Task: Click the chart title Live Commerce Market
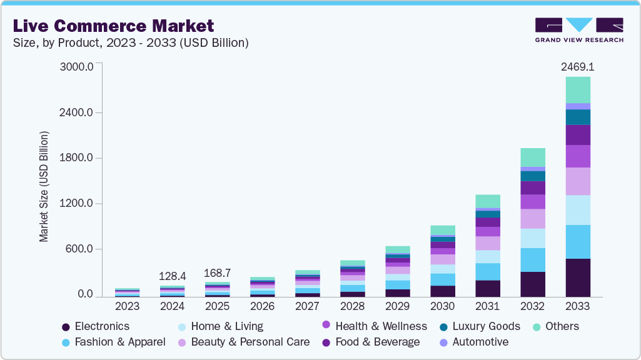[x=113, y=26]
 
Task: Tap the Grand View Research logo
[x=579, y=30]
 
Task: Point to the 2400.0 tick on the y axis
[x=76, y=112]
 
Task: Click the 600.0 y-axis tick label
[x=79, y=249]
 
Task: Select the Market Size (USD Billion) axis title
[x=44, y=186]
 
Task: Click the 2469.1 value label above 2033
[x=578, y=67]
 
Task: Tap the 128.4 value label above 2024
[x=173, y=276]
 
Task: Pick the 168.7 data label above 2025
[x=218, y=273]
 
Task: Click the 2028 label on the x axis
[x=352, y=306]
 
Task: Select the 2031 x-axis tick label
[x=487, y=306]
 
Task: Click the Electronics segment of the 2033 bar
[x=578, y=277]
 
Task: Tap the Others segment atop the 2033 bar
[x=578, y=90]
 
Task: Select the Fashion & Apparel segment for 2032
[x=533, y=260]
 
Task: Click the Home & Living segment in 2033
[x=578, y=210]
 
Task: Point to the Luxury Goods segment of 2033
[x=578, y=117]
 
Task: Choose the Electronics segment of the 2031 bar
[x=488, y=289]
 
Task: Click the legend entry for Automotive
[x=474, y=342]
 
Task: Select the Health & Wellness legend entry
[x=375, y=326]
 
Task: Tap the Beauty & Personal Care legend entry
[x=244, y=342]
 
